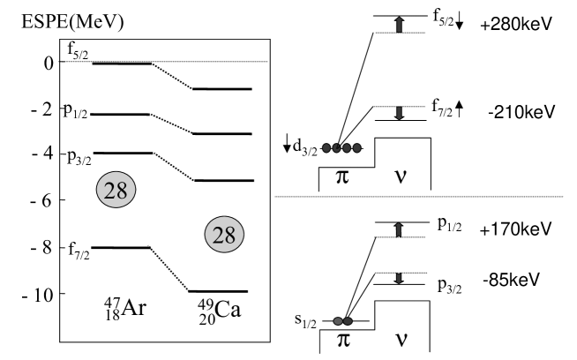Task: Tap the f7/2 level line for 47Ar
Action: pyautogui.click(x=120, y=248)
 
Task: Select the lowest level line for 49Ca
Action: pyautogui.click(x=222, y=291)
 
